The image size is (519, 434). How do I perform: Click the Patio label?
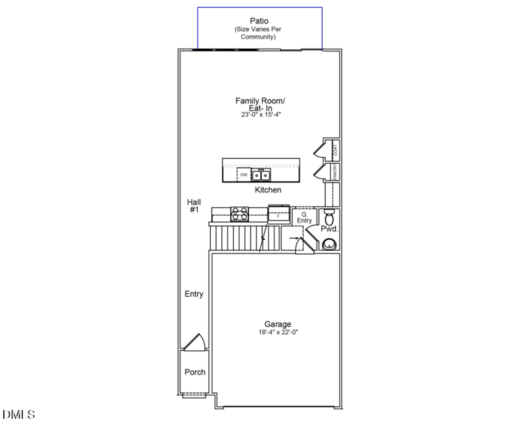tap(259, 21)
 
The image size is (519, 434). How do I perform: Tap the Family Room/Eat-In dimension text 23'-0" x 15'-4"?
tap(259, 114)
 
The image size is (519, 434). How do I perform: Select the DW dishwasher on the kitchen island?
tap(244, 175)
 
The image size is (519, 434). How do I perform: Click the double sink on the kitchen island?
tap(261, 175)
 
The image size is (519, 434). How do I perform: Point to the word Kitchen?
tap(268, 190)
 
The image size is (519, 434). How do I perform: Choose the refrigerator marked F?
tap(278, 213)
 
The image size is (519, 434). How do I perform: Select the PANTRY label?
tap(335, 172)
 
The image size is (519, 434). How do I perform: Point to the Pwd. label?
tap(330, 229)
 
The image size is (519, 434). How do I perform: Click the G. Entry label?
tap(304, 217)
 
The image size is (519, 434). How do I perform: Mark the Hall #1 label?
tap(193, 206)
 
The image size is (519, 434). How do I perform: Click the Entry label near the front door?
tap(194, 294)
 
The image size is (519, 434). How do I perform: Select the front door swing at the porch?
tap(194, 342)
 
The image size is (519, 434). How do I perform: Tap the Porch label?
tap(195, 372)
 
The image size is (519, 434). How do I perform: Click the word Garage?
tap(277, 324)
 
